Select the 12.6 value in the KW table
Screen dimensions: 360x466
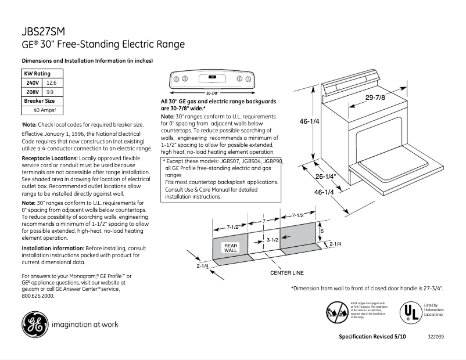(x=51, y=83)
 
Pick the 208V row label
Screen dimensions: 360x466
(x=33, y=92)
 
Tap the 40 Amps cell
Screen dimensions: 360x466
(x=44, y=110)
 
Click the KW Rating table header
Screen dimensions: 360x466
(x=37, y=74)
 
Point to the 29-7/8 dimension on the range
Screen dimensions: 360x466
(x=375, y=98)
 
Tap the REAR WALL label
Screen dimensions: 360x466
(x=231, y=248)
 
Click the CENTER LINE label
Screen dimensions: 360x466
(x=287, y=272)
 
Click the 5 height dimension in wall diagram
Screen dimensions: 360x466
(x=322, y=231)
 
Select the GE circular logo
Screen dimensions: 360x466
(x=34, y=325)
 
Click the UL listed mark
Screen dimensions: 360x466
(x=410, y=312)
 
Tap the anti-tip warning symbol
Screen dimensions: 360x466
(x=336, y=312)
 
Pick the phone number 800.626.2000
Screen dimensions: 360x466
(x=38, y=296)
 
